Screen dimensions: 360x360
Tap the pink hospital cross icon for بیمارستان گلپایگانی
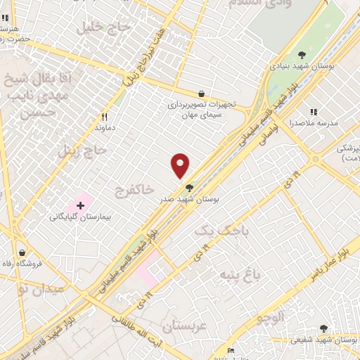[x=81, y=206]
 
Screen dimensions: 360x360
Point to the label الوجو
[x=270, y=318]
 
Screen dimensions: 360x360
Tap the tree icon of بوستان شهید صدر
[x=188, y=187]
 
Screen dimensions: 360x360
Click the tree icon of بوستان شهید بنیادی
[x=302, y=54]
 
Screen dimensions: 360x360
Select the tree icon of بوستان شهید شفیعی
[x=323, y=328]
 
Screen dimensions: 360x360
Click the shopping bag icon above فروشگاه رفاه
[x=22, y=252]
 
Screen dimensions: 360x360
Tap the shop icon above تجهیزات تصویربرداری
[x=202, y=94]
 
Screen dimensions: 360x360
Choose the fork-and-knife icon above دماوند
[x=105, y=117]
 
